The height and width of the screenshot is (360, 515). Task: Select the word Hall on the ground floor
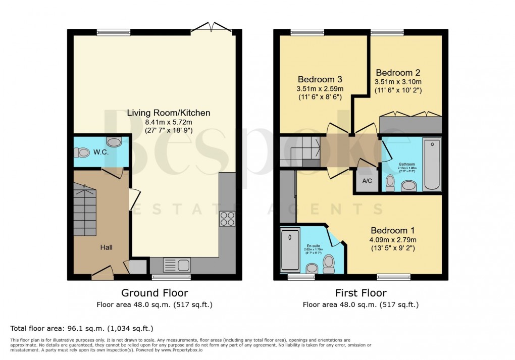[106, 247]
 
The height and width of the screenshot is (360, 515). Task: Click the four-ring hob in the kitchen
[227, 218]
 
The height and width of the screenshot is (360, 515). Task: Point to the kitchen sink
[176, 265]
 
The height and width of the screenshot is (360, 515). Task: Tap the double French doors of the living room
[212, 27]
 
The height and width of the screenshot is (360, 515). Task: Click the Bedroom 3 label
[320, 79]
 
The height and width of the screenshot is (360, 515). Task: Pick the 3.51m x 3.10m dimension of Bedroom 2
[398, 82]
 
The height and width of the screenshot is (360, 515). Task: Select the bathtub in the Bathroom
[432, 164]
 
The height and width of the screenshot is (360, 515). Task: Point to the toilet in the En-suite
[329, 263]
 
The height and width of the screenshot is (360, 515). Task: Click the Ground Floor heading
[154, 293]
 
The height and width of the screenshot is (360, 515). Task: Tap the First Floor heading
[360, 293]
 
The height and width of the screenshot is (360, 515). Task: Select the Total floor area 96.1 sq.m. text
[81, 328]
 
